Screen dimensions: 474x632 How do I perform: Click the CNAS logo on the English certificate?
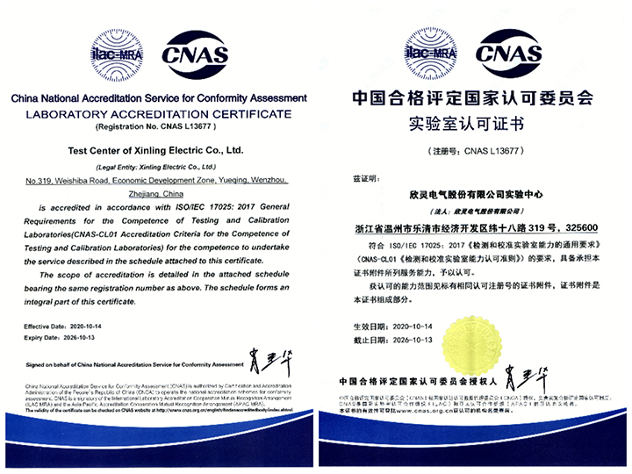pyautogui.click(x=195, y=54)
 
